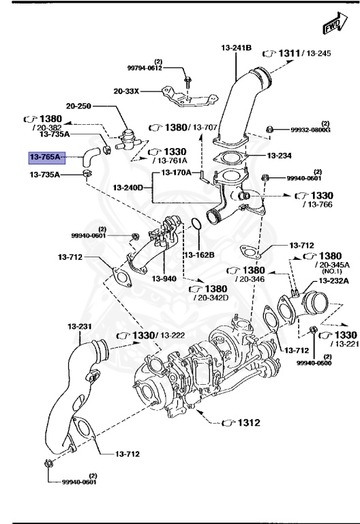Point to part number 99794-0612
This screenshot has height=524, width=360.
(x=145, y=68)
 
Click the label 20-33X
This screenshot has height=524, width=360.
(x=126, y=90)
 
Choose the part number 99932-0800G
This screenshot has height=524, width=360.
(x=310, y=129)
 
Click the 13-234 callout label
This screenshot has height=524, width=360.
(x=279, y=156)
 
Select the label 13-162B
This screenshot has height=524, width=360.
(x=198, y=254)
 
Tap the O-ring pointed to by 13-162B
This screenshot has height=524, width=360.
(x=194, y=224)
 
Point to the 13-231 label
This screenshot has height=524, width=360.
(x=79, y=326)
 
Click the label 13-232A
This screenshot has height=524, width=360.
(x=333, y=280)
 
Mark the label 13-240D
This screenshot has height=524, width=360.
(x=128, y=187)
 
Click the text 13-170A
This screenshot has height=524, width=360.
(x=177, y=173)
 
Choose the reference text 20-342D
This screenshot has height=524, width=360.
(x=211, y=297)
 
